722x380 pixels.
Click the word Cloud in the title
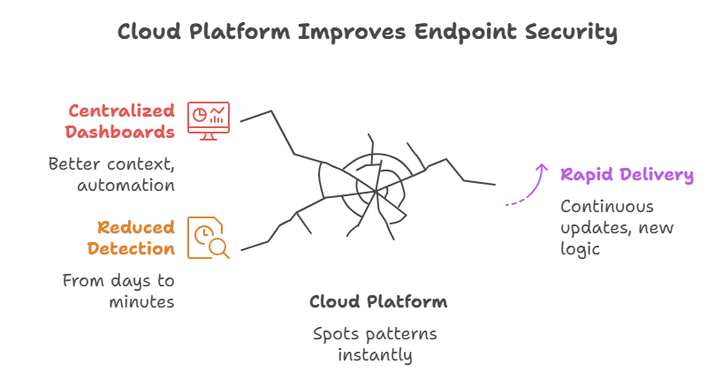pyautogui.click(x=147, y=33)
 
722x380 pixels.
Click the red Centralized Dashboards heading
pyautogui.click(x=121, y=122)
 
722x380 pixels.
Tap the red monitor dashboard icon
pyautogui.click(x=208, y=121)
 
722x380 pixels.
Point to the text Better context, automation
pyautogui.click(x=111, y=174)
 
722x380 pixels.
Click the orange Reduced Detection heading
pyautogui.click(x=131, y=238)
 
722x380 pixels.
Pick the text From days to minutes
pyautogui.click(x=118, y=291)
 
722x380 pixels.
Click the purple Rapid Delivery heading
pyautogui.click(x=627, y=174)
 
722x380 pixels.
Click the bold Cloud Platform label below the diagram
pyautogui.click(x=378, y=301)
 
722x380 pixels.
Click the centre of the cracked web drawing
pyautogui.click(x=375, y=191)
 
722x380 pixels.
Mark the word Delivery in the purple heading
pyautogui.click(x=657, y=174)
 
